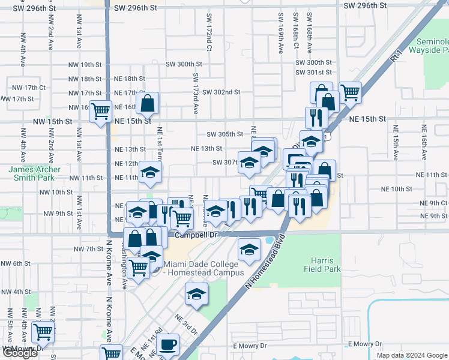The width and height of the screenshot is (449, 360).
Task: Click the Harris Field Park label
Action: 326,265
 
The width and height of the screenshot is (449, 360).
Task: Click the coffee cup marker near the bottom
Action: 170,344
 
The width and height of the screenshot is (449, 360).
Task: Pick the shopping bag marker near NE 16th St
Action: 147,103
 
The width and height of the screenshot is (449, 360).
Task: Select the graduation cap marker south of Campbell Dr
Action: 249,249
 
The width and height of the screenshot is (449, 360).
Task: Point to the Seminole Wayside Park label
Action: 430,46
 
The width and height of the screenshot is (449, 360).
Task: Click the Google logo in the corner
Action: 20,353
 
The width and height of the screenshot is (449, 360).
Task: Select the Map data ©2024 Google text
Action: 412,355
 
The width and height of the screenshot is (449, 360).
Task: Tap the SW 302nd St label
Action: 221,92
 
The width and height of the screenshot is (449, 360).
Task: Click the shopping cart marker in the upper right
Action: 350,92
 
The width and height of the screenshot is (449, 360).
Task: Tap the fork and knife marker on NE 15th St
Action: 315,117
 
